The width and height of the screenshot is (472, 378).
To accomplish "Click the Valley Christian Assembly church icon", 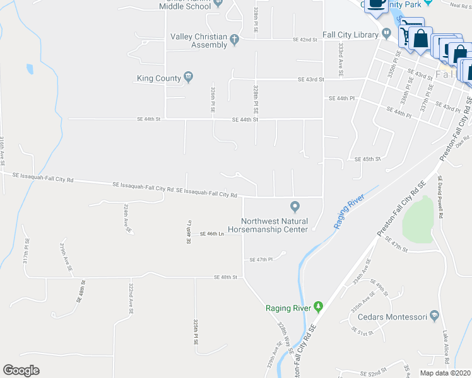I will pos(234,40).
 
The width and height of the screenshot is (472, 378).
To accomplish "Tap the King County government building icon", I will pos(188,77).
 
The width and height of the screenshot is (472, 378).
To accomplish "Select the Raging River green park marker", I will pos(318,307).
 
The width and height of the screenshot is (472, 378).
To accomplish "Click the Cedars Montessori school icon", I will pos(434,316).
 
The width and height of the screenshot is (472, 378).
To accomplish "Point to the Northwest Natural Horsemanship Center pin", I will pos(294,207).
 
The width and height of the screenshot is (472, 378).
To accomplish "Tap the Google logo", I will pos(21,370).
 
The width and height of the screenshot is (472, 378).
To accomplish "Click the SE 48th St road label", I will pos(225,277).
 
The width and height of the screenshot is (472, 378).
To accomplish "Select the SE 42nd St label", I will pos(304,39).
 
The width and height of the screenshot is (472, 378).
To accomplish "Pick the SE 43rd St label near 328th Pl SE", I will pos(310,79).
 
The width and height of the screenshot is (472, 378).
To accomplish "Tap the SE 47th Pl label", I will pos(261,259).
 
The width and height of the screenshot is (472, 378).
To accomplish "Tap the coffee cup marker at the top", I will pos(377,3).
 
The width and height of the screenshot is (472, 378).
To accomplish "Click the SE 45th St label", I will pos(368,159).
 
